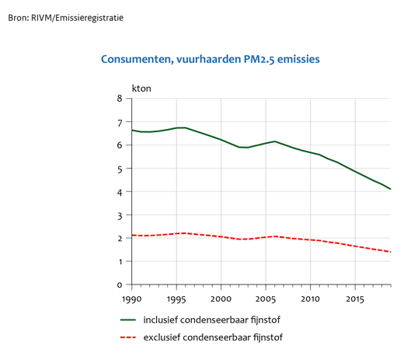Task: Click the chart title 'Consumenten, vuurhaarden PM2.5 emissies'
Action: pyautogui.click(x=210, y=59)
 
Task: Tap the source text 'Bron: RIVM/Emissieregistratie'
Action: pyautogui.click(x=66, y=18)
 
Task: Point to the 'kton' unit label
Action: pyautogui.click(x=141, y=89)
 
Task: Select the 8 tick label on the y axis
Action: pyautogui.click(x=120, y=99)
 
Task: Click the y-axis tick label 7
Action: pyautogui.click(x=120, y=123)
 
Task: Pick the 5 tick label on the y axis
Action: pyautogui.click(x=120, y=170)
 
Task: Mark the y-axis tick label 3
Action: pyautogui.click(x=120, y=216)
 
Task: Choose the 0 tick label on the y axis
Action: pyautogui.click(x=120, y=285)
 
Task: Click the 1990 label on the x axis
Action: pyautogui.click(x=132, y=299)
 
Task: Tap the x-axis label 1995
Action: pyautogui.click(x=176, y=299)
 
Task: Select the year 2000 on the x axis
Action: pyautogui.click(x=221, y=299)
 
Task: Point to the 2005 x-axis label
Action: pyautogui.click(x=266, y=299)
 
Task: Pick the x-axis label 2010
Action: pyautogui.click(x=310, y=299)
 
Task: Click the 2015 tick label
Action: pyautogui.click(x=355, y=299)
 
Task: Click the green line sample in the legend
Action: pyautogui.click(x=128, y=320)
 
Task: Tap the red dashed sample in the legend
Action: pyautogui.click(x=128, y=337)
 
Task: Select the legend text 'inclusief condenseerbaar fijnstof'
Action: pyautogui.click(x=212, y=320)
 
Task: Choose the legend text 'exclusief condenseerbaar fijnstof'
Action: pyautogui.click(x=213, y=337)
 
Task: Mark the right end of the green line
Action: pyautogui.click(x=391, y=189)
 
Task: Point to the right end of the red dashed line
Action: pyautogui.click(x=391, y=252)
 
